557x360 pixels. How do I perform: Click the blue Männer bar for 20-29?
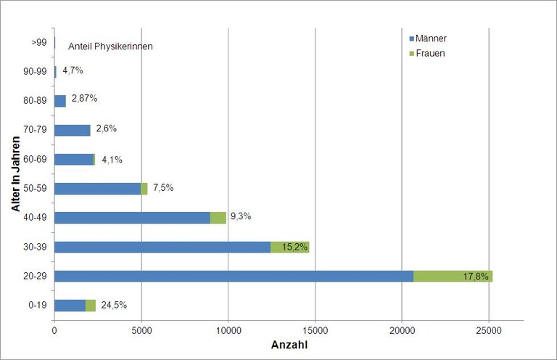(x=234, y=276)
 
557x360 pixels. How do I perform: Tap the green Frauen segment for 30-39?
(x=289, y=247)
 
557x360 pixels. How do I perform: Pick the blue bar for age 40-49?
(x=132, y=218)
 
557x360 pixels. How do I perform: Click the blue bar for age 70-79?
(x=73, y=130)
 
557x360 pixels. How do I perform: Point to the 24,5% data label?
(x=114, y=305)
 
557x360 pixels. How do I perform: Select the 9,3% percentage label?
(x=241, y=216)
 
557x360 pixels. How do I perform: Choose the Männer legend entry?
(x=434, y=38)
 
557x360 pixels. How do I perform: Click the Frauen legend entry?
(x=432, y=53)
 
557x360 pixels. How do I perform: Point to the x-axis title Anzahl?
(x=289, y=345)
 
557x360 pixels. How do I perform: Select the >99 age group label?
(x=39, y=43)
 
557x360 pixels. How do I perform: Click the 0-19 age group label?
(x=38, y=306)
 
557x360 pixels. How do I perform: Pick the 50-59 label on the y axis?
(x=36, y=189)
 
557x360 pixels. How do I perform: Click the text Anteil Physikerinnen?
(x=110, y=46)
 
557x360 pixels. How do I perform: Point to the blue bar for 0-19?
(x=70, y=306)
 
